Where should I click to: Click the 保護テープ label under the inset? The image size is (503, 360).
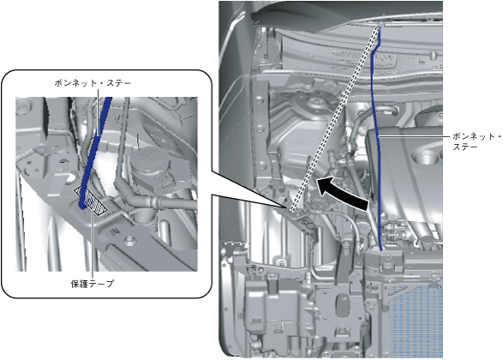point(92,284)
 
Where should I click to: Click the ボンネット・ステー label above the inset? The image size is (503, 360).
point(93,83)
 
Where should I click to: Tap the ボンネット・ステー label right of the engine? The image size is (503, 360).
point(476,141)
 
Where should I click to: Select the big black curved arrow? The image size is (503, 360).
point(341,192)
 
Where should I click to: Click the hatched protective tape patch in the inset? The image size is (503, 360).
point(91,201)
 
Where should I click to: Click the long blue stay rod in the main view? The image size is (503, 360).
point(375,138)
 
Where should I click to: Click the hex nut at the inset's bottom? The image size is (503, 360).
point(129,240)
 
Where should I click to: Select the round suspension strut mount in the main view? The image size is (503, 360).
point(316,104)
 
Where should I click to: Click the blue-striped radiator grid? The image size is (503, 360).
point(416,321)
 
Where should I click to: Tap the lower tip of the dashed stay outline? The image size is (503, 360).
point(292,210)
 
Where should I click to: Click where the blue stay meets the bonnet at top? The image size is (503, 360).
point(380,26)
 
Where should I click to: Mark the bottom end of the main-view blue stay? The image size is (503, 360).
point(380,249)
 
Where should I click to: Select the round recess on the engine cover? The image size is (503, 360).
point(424,157)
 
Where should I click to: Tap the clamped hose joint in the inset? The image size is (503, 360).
point(154,202)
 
